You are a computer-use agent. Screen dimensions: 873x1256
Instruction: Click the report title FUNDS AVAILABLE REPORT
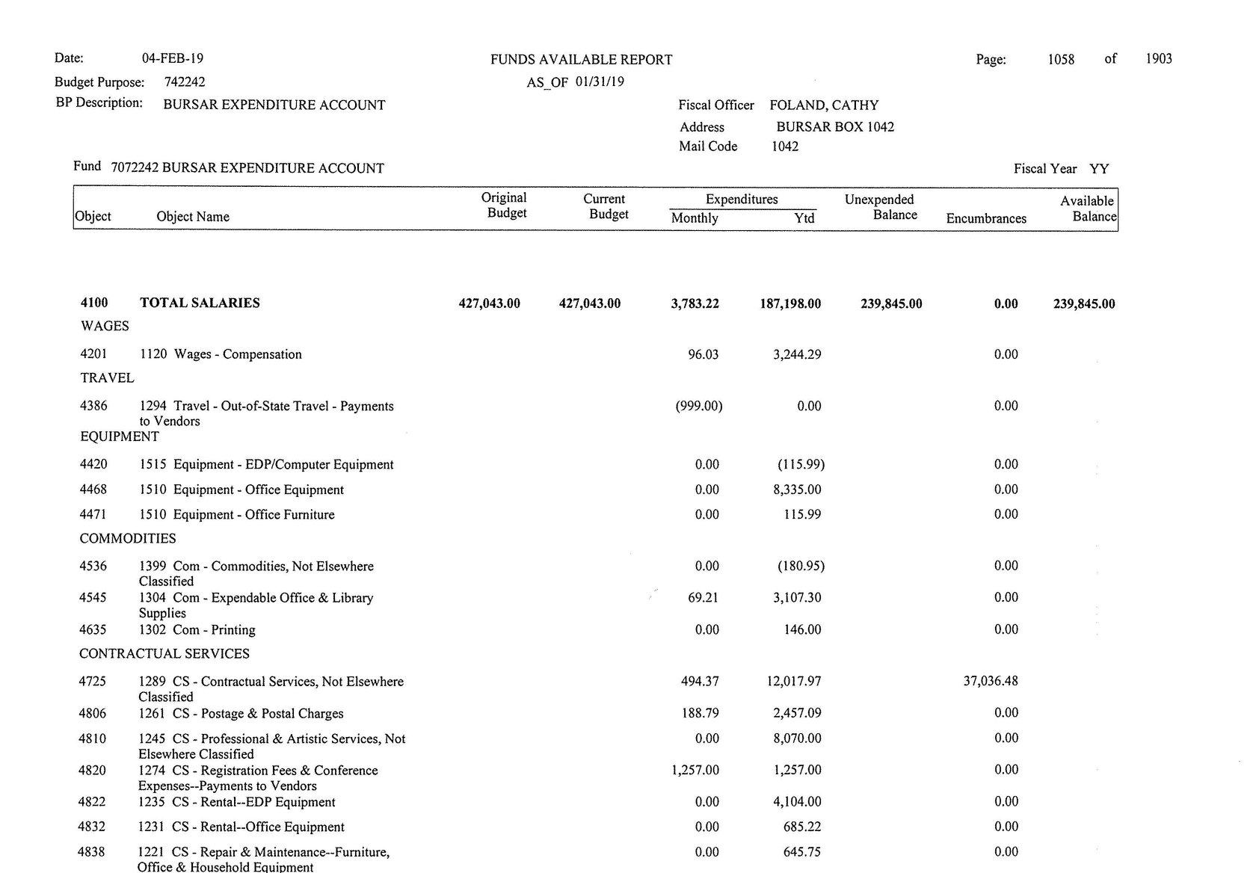[x=581, y=60]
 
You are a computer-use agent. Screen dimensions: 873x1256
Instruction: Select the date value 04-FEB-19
[x=172, y=58]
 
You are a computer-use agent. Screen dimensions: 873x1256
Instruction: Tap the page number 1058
[x=1061, y=59]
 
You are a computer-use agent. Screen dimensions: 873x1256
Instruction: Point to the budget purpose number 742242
[x=185, y=82]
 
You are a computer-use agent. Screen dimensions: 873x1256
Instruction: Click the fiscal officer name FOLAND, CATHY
[x=824, y=105]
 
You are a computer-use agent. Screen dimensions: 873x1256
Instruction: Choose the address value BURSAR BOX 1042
[x=835, y=127]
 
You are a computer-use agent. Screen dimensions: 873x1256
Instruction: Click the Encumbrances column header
[x=986, y=218]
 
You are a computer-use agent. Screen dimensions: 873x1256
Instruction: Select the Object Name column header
[x=193, y=217]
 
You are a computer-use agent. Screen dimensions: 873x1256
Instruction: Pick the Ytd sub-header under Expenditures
[x=804, y=218]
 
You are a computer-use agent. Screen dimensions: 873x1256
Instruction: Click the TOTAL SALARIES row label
[x=200, y=303]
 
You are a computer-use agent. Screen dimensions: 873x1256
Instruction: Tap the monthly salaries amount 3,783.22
[x=695, y=303]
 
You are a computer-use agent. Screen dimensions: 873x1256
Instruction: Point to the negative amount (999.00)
[x=698, y=406]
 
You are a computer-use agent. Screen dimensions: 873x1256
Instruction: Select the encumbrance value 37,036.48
[x=990, y=681]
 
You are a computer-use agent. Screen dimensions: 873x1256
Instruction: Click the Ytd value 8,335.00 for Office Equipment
[x=797, y=490]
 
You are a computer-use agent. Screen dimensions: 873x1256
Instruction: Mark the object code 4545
[x=93, y=597]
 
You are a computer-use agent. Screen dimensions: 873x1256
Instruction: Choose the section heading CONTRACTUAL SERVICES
[x=164, y=653]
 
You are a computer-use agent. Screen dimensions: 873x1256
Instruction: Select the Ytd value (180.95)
[x=801, y=566]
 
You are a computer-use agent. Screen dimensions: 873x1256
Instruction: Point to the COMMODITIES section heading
[x=128, y=538]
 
